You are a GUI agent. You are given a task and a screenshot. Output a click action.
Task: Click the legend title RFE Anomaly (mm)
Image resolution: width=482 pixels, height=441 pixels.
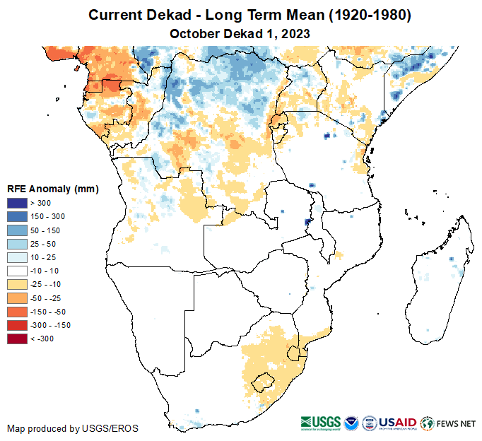pos(53,189)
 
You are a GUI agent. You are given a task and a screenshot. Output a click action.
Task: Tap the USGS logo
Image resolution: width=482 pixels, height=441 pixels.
pos(322,423)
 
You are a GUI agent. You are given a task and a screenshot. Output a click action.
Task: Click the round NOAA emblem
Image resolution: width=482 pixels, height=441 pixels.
pos(351,423)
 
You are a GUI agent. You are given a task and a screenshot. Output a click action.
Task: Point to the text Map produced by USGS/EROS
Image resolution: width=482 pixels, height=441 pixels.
pos(73,428)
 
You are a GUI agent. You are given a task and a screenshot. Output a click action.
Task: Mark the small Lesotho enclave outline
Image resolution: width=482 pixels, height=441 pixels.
pos(263,382)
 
